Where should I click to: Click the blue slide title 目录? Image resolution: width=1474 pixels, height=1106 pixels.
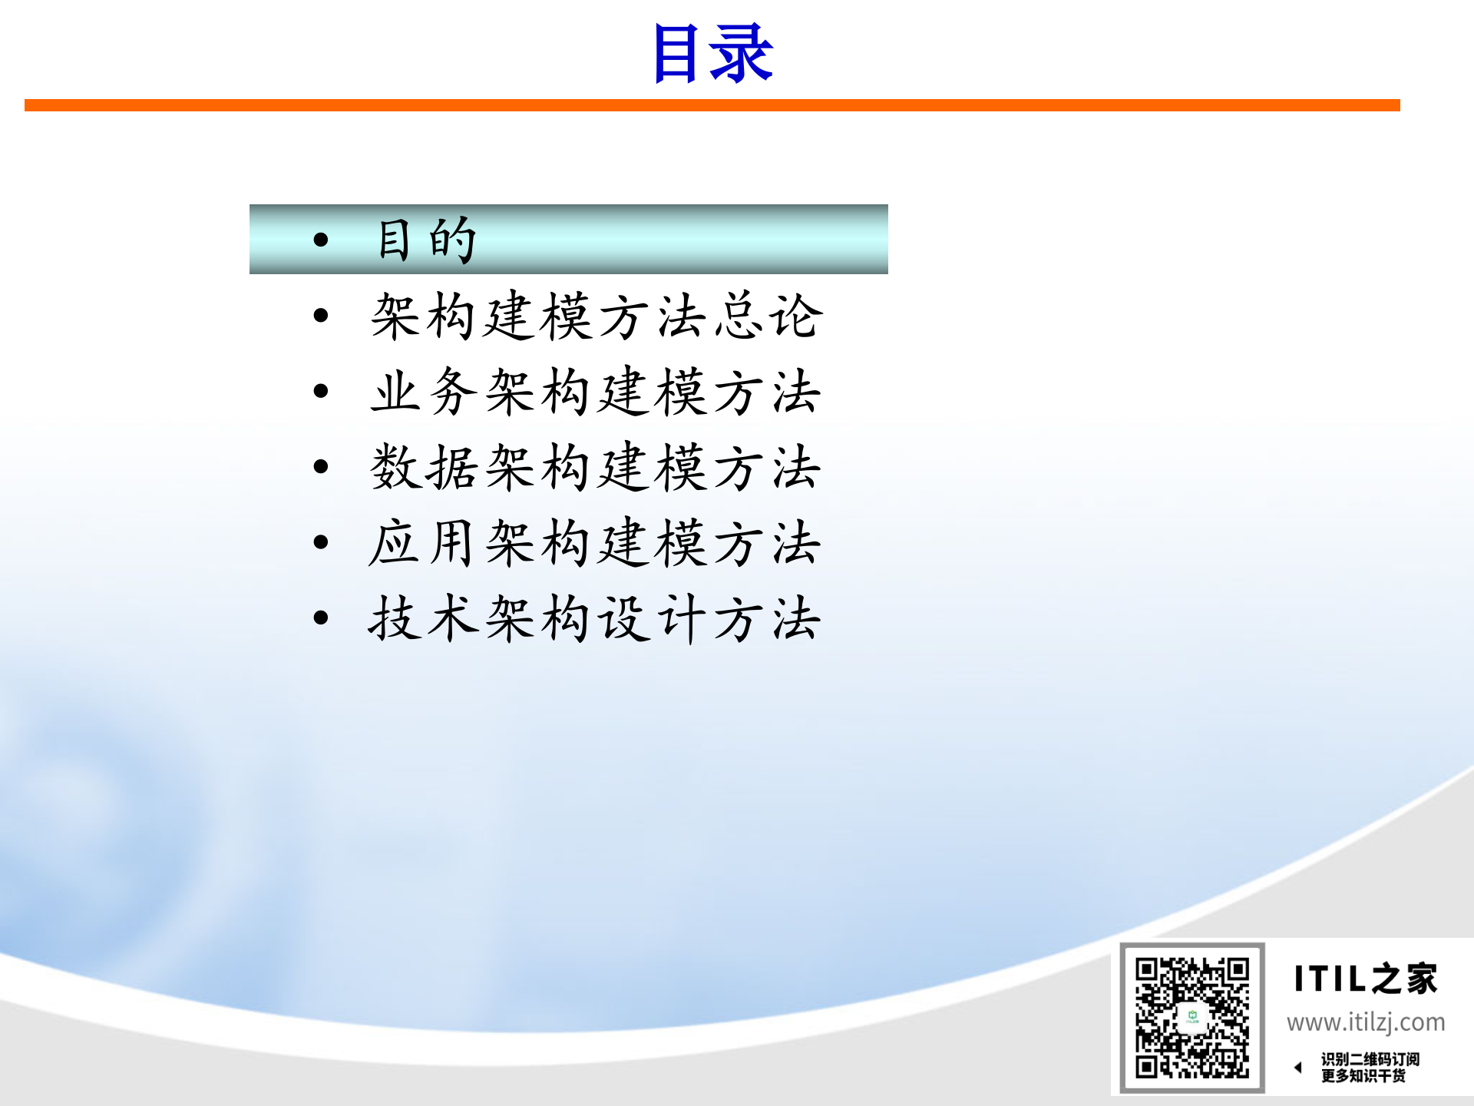pyautogui.click(x=712, y=54)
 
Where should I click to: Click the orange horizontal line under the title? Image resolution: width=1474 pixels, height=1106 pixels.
pyautogui.click(x=712, y=105)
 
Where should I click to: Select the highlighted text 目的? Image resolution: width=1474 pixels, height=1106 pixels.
pyautogui.click(x=427, y=240)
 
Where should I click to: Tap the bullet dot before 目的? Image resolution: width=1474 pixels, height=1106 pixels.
pyautogui.click(x=321, y=240)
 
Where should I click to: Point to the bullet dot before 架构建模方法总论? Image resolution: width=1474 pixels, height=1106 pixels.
pyautogui.click(x=321, y=316)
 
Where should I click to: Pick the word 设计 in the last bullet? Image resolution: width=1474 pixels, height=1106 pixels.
pyautogui.click(x=653, y=618)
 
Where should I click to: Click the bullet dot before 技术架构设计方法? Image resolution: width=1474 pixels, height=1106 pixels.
pyautogui.click(x=321, y=618)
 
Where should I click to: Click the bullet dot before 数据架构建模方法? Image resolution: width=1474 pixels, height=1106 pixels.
pyautogui.click(x=321, y=466)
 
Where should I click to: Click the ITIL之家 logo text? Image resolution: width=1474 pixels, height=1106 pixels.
pyautogui.click(x=1365, y=979)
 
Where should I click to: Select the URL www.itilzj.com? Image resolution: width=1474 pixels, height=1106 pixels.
pyautogui.click(x=1366, y=1022)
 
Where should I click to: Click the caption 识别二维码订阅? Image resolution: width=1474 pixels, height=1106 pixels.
pyautogui.click(x=1370, y=1059)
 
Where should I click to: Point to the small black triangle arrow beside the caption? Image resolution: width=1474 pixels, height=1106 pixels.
pyautogui.click(x=1298, y=1067)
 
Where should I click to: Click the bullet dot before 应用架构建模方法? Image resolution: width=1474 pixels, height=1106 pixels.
pyautogui.click(x=321, y=542)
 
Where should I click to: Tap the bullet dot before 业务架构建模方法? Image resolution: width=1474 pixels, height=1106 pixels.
pyautogui.click(x=321, y=391)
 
